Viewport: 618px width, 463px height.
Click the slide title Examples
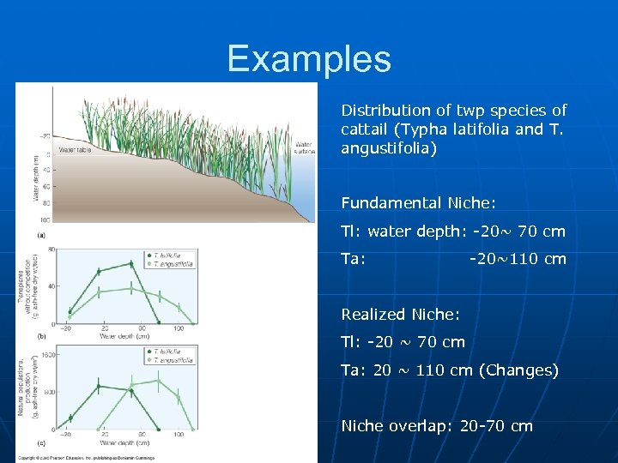click(x=309, y=60)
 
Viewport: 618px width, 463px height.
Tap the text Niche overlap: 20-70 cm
click(x=437, y=426)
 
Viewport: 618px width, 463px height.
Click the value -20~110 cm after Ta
click(x=518, y=259)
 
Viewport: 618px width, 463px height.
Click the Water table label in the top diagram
click(x=76, y=150)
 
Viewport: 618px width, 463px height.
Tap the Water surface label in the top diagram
click(x=305, y=147)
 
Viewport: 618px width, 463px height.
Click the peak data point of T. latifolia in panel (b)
click(x=130, y=263)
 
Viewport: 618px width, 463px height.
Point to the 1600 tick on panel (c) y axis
click(x=49, y=353)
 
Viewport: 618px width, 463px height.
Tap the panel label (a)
click(x=42, y=234)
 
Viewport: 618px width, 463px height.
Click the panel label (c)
click(x=42, y=442)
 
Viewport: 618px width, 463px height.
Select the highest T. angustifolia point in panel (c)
click(x=158, y=380)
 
